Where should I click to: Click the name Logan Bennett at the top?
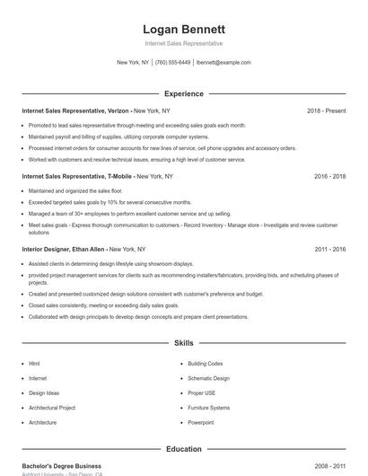click(x=184, y=29)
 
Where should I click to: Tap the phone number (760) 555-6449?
click(x=173, y=63)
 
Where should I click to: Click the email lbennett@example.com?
click(x=223, y=63)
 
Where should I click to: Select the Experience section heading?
click(x=184, y=93)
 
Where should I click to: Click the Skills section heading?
click(x=184, y=343)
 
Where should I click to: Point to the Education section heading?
click(x=184, y=448)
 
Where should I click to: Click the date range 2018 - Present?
click(x=326, y=110)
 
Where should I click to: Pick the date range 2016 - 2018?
click(x=329, y=177)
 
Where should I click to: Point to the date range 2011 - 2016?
click(x=329, y=249)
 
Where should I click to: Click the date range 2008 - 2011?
click(x=329, y=466)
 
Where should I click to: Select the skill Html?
click(x=34, y=364)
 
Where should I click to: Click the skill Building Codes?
click(x=205, y=364)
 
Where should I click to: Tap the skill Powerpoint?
click(x=201, y=422)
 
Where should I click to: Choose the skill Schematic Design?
click(x=208, y=378)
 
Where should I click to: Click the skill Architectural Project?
click(x=52, y=408)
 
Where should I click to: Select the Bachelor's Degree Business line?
click(x=62, y=466)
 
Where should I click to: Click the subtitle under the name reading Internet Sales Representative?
click(x=184, y=43)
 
